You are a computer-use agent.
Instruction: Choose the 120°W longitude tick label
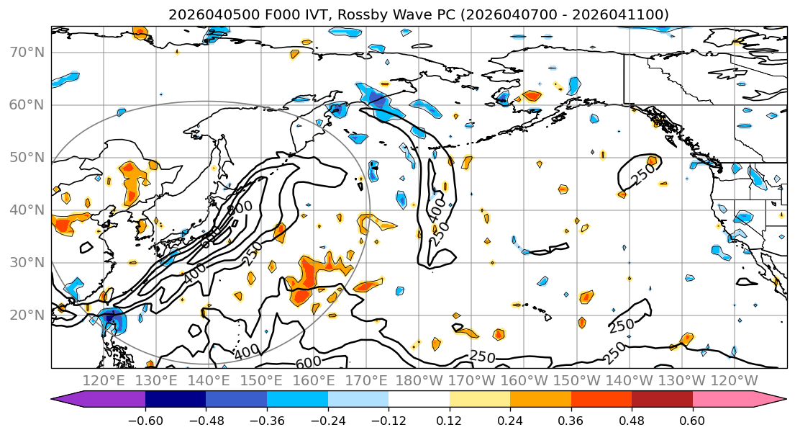tap(734, 380)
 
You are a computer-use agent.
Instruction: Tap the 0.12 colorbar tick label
tap(449, 420)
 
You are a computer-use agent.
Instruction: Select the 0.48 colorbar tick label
tap(632, 420)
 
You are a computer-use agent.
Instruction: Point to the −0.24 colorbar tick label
tap(327, 420)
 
